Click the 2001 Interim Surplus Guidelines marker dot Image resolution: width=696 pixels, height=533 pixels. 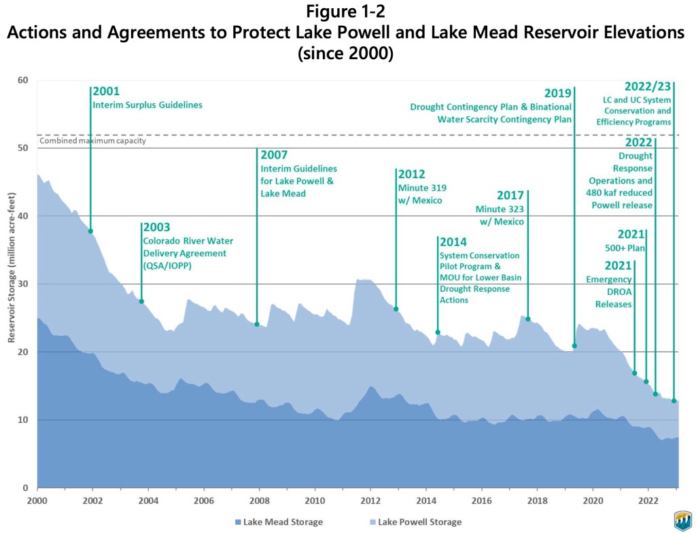[90, 231]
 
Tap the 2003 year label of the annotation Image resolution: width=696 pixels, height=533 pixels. [156, 227]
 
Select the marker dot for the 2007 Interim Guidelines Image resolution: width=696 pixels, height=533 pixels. [257, 324]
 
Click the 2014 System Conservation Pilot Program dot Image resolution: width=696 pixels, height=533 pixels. [438, 332]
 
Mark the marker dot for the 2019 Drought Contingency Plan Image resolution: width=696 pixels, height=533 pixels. [574, 346]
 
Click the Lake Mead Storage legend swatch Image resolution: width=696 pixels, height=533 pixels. [239, 521]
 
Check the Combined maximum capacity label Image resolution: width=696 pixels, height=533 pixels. [93, 141]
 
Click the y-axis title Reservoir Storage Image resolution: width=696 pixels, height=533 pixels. [12, 283]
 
